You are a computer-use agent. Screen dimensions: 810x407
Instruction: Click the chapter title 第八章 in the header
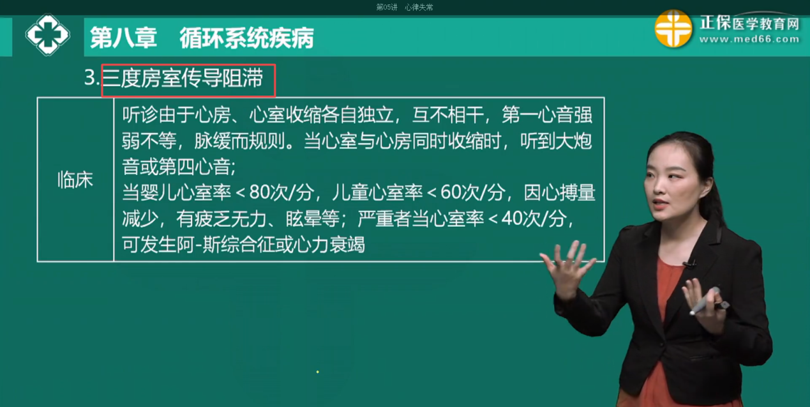click(x=123, y=38)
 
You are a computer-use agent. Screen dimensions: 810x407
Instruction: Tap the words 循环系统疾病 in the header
click(x=246, y=38)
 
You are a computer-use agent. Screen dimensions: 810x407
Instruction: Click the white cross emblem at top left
click(x=47, y=35)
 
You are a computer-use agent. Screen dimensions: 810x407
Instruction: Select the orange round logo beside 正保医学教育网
click(x=673, y=29)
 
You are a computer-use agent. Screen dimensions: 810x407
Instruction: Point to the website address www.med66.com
click(x=749, y=39)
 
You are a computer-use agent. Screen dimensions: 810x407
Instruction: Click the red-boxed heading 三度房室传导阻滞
click(x=183, y=78)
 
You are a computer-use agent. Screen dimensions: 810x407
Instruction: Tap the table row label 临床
click(x=75, y=180)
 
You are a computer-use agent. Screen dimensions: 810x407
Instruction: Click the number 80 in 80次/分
click(x=259, y=192)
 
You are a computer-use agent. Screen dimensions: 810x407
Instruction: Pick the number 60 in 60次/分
click(x=450, y=192)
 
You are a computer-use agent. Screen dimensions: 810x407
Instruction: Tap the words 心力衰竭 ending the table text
click(x=329, y=245)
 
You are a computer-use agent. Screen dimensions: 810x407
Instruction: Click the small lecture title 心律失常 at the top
click(x=419, y=7)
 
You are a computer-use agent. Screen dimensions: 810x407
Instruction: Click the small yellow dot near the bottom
click(x=317, y=372)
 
